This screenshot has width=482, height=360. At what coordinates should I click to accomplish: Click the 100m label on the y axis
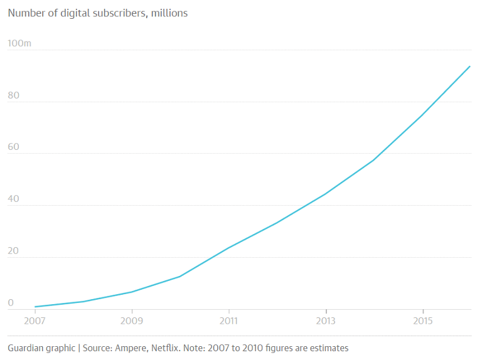click(x=19, y=43)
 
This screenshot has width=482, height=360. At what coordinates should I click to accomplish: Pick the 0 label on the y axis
click(x=10, y=304)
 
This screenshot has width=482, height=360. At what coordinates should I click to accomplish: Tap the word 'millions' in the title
click(x=168, y=13)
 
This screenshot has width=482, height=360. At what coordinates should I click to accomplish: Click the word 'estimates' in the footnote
click(x=328, y=347)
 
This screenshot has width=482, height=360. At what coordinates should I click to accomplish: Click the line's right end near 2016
click(x=470, y=66)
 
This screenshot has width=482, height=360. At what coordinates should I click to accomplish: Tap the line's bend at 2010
click(x=180, y=277)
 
